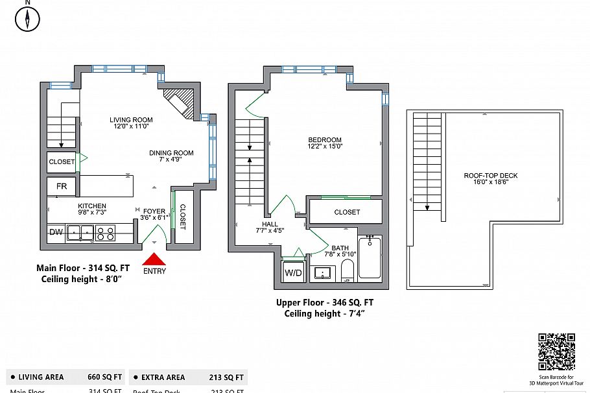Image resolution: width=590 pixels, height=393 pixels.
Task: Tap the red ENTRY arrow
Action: [154, 259]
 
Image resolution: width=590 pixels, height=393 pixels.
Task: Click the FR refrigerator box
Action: [62, 187]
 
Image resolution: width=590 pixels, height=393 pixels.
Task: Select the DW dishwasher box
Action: [55, 232]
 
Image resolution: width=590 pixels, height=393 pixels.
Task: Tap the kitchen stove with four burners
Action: [106, 232]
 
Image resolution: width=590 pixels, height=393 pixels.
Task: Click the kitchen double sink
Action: [80, 232]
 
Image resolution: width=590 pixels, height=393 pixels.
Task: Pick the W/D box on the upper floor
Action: [294, 273]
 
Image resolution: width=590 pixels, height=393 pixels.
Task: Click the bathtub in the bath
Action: [370, 258]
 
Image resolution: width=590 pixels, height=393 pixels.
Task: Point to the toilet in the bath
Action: [348, 271]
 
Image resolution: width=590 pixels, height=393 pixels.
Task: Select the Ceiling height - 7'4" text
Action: [325, 313]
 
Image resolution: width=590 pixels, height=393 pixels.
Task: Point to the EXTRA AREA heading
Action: [163, 377]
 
